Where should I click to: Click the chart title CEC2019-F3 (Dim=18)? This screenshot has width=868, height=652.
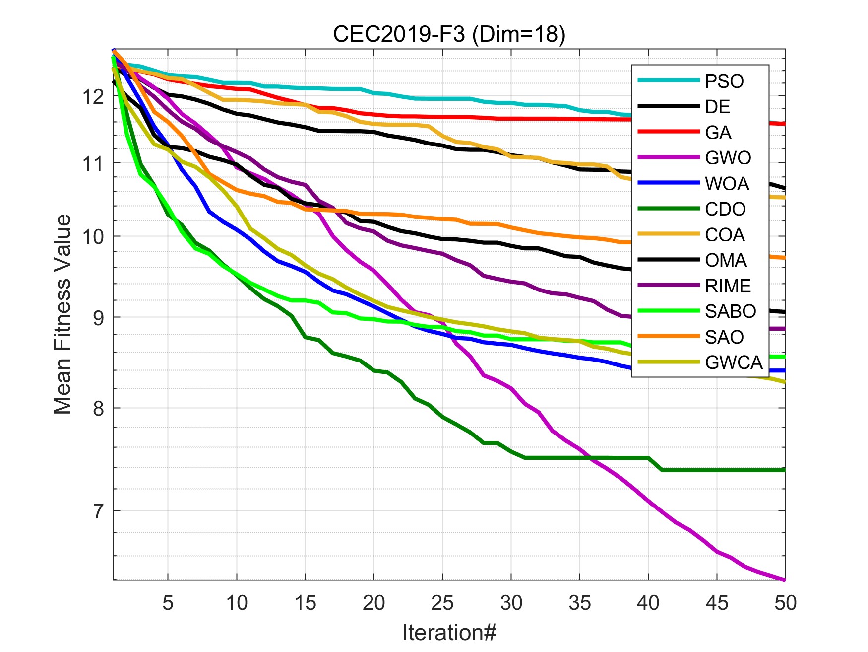pyautogui.click(x=449, y=34)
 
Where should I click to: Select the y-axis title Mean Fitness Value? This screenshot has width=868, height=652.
pyautogui.click(x=63, y=314)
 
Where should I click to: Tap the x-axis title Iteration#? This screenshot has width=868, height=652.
pyautogui.click(x=449, y=632)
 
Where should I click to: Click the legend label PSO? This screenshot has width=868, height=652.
pyautogui.click(x=724, y=81)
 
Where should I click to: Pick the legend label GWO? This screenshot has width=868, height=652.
pyautogui.click(x=728, y=158)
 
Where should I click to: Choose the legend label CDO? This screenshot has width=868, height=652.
pyautogui.click(x=725, y=209)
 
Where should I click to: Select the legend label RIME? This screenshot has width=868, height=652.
pyautogui.click(x=728, y=286)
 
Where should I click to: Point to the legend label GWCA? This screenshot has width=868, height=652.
pyautogui.click(x=734, y=362)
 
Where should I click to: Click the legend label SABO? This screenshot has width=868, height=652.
pyautogui.click(x=730, y=311)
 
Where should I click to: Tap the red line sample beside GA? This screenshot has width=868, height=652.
pyautogui.click(x=668, y=132)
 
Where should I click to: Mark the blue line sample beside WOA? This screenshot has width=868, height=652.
pyautogui.click(x=668, y=183)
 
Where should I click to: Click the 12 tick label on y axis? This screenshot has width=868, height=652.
pyautogui.click(x=94, y=97)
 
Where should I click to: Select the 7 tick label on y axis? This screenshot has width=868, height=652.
pyautogui.click(x=99, y=511)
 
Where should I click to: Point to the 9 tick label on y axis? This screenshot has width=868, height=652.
pyautogui.click(x=99, y=318)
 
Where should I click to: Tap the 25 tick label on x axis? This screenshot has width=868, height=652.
pyautogui.click(x=442, y=603)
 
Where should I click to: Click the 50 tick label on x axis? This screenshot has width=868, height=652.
pyautogui.click(x=785, y=603)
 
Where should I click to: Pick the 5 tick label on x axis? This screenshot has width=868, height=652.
pyautogui.click(x=168, y=603)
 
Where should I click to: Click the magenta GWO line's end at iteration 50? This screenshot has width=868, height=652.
pyautogui.click(x=784, y=579)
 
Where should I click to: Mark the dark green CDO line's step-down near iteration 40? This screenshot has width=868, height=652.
pyautogui.click(x=655, y=464)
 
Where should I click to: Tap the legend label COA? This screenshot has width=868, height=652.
pyautogui.click(x=725, y=235)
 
